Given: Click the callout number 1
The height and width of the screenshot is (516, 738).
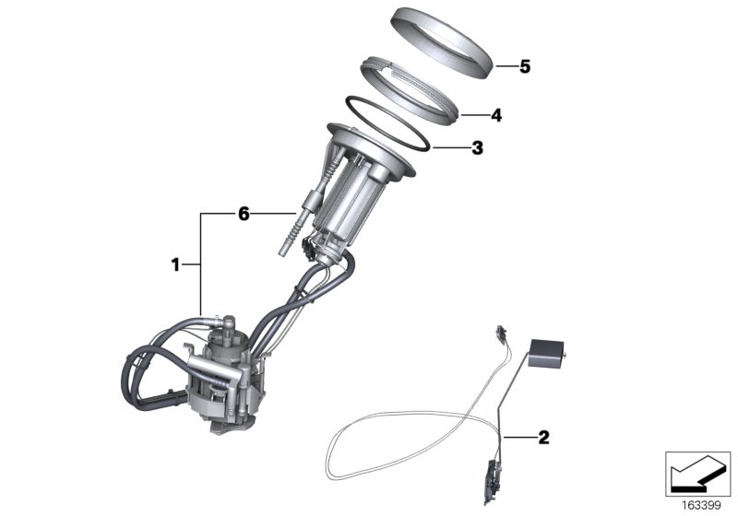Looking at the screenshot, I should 174,265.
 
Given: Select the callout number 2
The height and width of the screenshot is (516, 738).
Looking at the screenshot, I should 543,438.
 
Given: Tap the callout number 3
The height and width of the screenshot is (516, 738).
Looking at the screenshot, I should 477,147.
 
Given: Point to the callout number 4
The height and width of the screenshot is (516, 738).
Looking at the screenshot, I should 495,116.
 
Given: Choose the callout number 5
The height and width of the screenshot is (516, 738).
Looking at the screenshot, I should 525,66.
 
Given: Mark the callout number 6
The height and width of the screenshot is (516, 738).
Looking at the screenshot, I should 244,214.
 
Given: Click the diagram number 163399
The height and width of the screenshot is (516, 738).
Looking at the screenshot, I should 700,504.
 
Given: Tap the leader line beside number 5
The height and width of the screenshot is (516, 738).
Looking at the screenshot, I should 505,66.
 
